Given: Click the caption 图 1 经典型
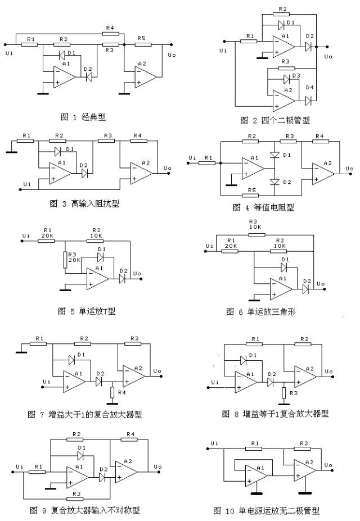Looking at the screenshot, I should click(x=83, y=117).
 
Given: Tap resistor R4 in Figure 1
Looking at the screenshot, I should click(x=110, y=33).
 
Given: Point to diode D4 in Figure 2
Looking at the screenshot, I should click(x=309, y=100).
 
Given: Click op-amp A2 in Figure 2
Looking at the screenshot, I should click(x=283, y=98).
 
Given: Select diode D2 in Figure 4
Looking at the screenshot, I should click(x=274, y=182).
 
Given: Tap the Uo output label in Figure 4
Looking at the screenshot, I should click(x=349, y=168).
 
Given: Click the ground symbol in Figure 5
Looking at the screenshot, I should click(x=66, y=289).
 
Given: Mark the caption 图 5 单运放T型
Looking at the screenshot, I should click(x=87, y=311).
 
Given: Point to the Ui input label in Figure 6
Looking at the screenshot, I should click(x=210, y=246).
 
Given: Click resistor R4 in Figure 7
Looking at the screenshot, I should click(x=112, y=391).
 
